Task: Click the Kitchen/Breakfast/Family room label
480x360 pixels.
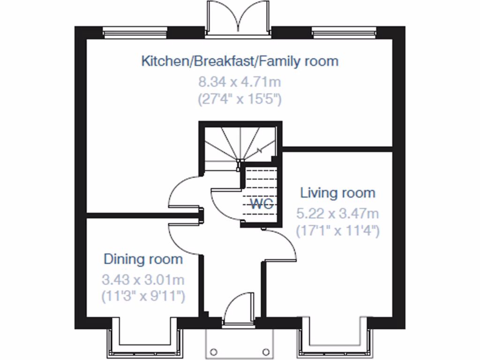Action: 240,61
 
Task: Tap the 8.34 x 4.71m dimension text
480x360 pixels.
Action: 240,82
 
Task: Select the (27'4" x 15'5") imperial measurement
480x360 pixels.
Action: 240,99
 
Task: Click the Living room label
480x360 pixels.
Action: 337,193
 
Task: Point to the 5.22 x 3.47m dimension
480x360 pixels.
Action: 337,214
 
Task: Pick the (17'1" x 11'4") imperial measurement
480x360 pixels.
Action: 337,231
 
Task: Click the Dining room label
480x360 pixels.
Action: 143,259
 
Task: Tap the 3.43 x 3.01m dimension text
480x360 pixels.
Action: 143,280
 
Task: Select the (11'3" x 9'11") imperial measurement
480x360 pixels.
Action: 143,296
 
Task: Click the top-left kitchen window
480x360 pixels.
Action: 135,33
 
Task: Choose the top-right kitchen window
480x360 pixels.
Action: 344,33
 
